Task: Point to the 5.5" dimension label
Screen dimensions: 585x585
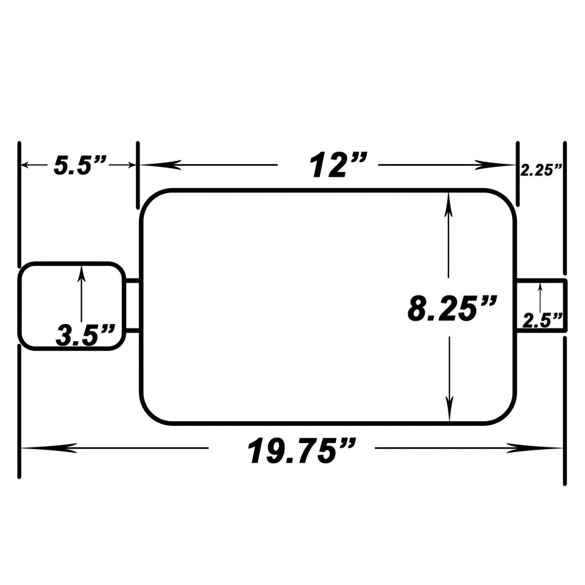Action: click(x=80, y=166)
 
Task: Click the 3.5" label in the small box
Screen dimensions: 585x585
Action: click(x=86, y=336)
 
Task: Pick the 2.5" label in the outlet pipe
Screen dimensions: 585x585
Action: click(x=542, y=321)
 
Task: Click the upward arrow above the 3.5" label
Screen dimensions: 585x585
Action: click(x=82, y=274)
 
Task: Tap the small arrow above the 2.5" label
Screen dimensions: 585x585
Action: click(x=541, y=289)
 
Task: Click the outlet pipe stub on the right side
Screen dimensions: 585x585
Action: click(x=542, y=305)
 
